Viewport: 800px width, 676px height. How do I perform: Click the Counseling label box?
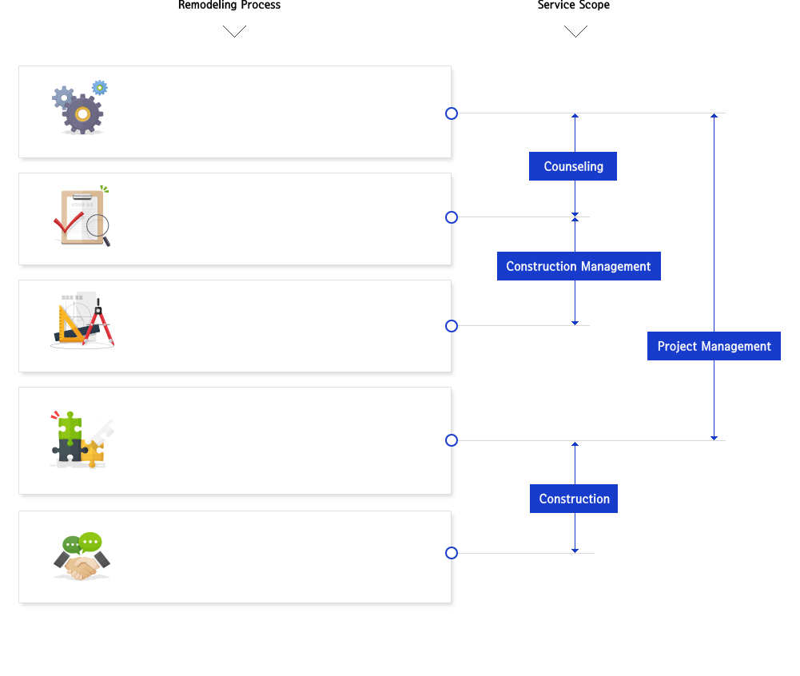tap(572, 166)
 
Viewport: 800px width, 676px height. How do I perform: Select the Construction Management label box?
tap(579, 266)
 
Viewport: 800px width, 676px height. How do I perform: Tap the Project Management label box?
tap(714, 346)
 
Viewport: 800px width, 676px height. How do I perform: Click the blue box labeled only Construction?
tap(574, 499)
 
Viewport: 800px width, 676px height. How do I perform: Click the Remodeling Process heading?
tap(229, 5)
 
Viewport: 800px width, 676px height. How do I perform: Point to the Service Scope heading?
tap(574, 5)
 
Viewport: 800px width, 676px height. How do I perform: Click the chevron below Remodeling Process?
tap(235, 31)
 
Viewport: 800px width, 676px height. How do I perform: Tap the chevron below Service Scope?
tap(575, 31)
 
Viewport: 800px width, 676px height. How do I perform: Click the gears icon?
tap(80, 107)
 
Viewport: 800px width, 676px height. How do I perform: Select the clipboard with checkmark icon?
tap(82, 216)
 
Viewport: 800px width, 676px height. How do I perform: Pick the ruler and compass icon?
tap(82, 320)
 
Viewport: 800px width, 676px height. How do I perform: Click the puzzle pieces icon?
tap(82, 439)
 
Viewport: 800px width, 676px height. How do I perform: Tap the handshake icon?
tap(82, 556)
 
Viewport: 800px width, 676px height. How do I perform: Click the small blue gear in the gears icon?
tap(100, 88)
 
